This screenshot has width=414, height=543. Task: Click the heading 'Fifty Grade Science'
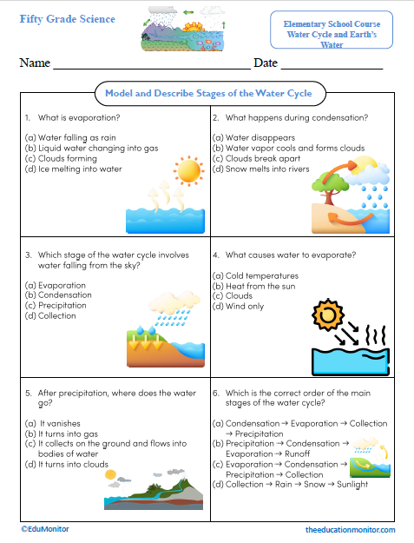[x=67, y=19]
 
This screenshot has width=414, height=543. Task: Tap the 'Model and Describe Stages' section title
[x=207, y=93]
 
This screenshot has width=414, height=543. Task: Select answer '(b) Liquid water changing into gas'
[x=80, y=148]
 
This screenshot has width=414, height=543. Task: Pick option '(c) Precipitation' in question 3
[x=56, y=305]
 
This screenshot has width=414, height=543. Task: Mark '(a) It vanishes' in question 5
[x=54, y=422]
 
